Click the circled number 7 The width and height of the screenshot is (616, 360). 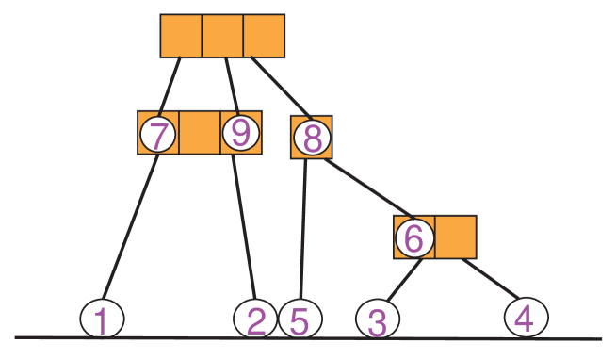(x=158, y=135)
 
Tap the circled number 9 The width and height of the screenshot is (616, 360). (x=240, y=133)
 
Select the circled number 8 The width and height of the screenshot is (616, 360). (x=312, y=139)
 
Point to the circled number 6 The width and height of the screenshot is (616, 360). (x=414, y=237)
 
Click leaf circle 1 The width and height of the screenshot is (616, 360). (x=102, y=319)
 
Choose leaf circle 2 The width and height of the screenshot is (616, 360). (x=255, y=319)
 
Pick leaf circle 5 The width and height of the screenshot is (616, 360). (x=300, y=319)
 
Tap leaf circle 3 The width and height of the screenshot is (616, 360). (x=377, y=320)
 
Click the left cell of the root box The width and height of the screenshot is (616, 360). (x=181, y=36)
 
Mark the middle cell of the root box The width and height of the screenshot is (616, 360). (x=222, y=36)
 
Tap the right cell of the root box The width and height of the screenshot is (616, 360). (x=264, y=36)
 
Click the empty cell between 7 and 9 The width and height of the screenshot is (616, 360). (x=199, y=133)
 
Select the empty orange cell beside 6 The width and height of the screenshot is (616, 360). (x=455, y=237)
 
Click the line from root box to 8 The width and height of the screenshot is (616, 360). (x=280, y=87)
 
